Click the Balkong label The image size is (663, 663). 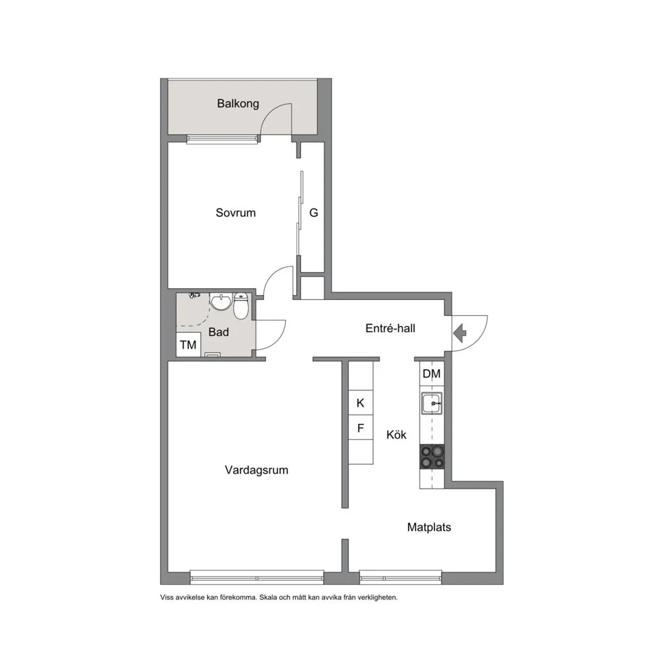[x=238, y=104]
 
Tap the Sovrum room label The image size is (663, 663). [x=236, y=212]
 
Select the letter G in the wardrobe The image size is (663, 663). [x=313, y=212]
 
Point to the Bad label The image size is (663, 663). [x=219, y=332]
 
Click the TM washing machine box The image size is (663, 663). [x=188, y=344]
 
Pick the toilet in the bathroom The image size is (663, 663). [x=241, y=306]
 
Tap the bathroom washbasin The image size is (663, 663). [x=220, y=302]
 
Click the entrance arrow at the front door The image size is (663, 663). [x=460, y=333]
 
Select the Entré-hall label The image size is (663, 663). [x=390, y=328]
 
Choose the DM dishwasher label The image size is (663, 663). [x=431, y=374]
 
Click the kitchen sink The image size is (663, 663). [x=432, y=403]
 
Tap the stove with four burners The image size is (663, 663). [x=432, y=457]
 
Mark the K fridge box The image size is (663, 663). [x=361, y=403]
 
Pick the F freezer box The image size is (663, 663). [x=361, y=428]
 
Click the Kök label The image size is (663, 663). [x=396, y=434]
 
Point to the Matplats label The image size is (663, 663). [x=429, y=527]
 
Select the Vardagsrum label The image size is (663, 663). [x=256, y=470]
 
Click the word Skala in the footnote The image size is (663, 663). [x=268, y=598]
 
